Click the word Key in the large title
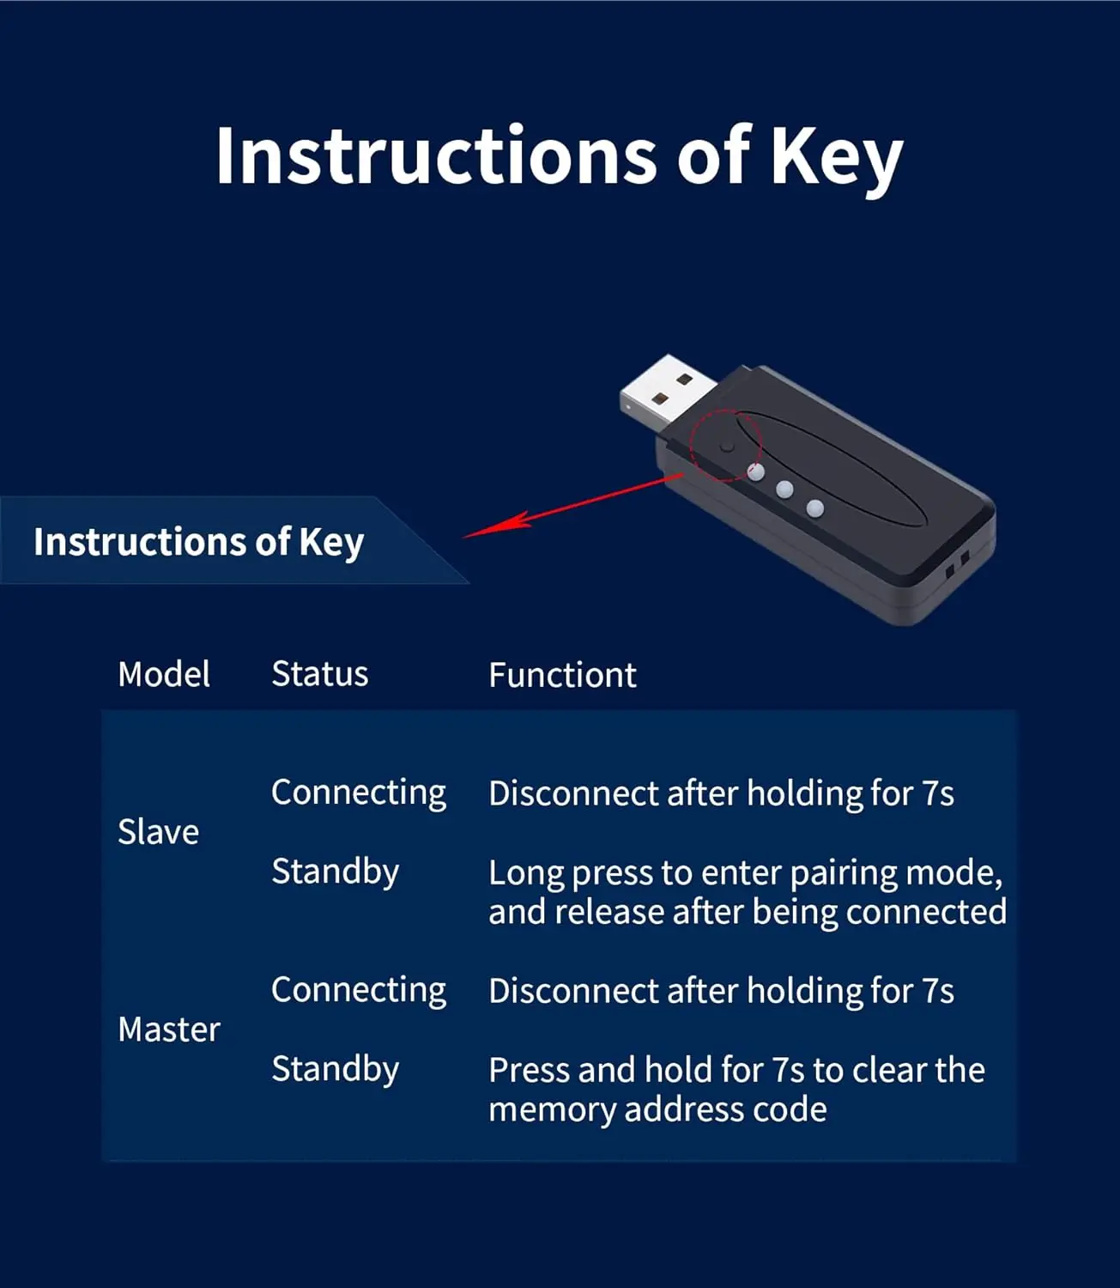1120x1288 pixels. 836,157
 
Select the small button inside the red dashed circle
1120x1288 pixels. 728,447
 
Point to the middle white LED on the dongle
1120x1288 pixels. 784,489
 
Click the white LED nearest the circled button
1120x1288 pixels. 756,471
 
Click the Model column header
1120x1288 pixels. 164,674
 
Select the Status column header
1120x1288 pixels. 319,674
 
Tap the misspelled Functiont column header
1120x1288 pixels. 562,675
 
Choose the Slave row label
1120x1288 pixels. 158,832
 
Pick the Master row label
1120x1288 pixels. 169,1029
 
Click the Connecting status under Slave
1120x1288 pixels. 359,793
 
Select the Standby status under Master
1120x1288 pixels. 335,1069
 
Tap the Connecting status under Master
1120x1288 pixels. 359,990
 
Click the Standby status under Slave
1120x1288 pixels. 335,872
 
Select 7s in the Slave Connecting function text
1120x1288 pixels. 937,793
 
